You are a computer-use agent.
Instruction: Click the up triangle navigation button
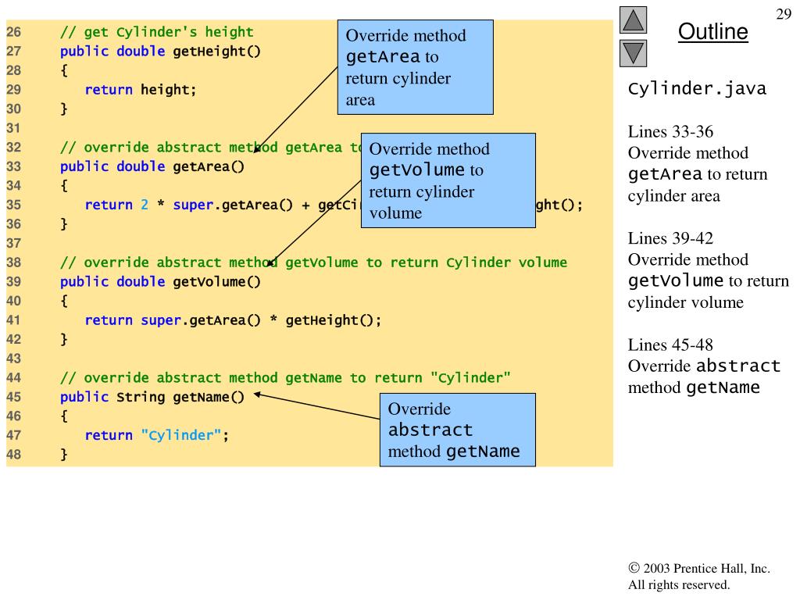click(x=634, y=20)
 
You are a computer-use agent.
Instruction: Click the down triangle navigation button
click(x=634, y=53)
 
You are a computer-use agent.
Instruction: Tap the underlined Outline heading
click(x=712, y=32)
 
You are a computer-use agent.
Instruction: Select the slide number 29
click(x=783, y=15)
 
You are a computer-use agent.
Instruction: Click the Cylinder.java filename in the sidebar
click(x=697, y=89)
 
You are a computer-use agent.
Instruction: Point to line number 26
click(x=13, y=32)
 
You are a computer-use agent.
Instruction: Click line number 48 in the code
click(x=13, y=454)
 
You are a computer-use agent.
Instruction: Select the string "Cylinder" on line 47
click(x=181, y=435)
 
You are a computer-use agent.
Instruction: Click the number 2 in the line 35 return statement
click(x=145, y=205)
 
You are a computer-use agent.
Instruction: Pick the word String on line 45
click(x=141, y=397)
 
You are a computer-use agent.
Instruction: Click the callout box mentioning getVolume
click(x=448, y=180)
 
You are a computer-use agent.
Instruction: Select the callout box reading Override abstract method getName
click(x=457, y=430)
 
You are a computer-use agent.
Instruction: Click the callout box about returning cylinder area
click(x=415, y=67)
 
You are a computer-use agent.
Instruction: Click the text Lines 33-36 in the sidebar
click(x=670, y=132)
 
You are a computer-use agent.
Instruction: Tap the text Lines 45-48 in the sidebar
click(x=670, y=345)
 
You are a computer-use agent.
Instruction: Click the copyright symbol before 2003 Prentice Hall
click(x=634, y=569)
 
